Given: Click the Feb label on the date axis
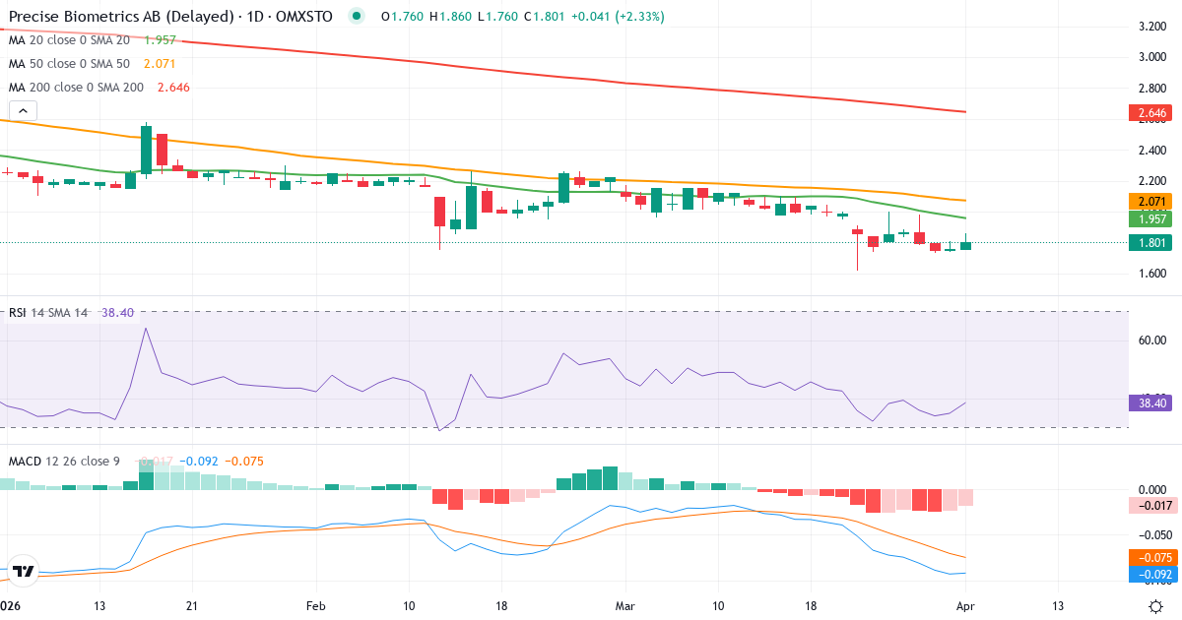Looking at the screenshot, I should click(315, 606).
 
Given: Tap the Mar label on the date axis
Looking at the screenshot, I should click(624, 606).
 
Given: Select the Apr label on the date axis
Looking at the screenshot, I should click(965, 606).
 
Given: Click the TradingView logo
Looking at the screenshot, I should click(24, 571).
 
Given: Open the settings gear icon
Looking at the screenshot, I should click(1158, 606).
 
